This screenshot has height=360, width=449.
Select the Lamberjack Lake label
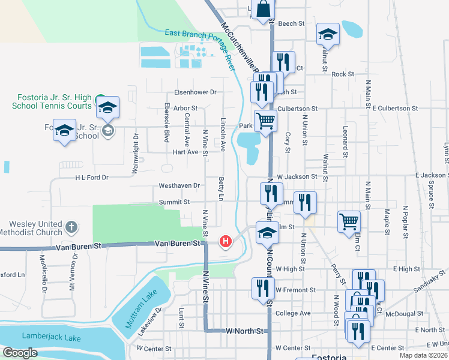tap(50, 338)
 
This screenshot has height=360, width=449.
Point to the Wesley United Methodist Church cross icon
tap(71, 227)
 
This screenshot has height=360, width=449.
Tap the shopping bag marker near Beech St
tap(263, 10)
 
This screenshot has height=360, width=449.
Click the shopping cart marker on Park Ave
tap(265, 121)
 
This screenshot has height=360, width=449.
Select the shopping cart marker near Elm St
tap(349, 222)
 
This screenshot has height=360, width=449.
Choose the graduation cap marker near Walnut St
tap(328, 35)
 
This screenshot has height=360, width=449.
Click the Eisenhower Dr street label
tap(195, 92)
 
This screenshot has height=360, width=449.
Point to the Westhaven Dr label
tap(179, 186)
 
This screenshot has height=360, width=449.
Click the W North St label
tap(244, 331)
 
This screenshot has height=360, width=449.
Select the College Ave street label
tap(293, 313)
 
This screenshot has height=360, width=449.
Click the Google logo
tap(20, 353)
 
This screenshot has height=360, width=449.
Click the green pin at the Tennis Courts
tap(101, 98)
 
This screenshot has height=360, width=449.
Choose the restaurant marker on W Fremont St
tap(262, 288)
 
